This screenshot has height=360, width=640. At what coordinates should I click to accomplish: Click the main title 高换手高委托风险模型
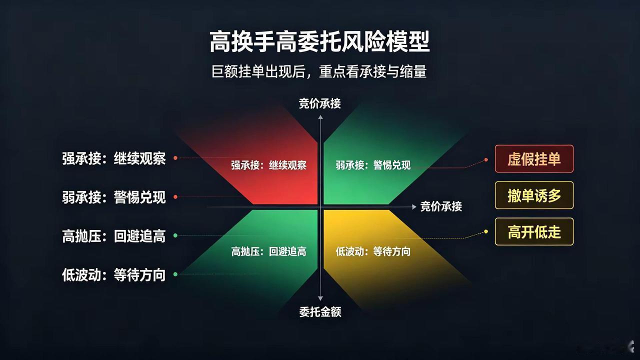[x=319, y=41]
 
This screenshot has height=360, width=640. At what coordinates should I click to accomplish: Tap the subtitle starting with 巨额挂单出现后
[x=319, y=71]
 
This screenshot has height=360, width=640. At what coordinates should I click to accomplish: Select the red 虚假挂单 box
[x=534, y=159]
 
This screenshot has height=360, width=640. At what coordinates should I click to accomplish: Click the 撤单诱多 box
[x=534, y=195]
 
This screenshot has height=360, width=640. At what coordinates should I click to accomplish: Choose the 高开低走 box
[x=534, y=231]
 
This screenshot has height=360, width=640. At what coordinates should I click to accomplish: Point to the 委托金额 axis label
[x=320, y=312]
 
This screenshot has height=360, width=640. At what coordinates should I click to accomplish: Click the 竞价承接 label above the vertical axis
[x=319, y=103]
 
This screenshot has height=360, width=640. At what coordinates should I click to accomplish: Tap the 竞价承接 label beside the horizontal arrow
[x=441, y=206]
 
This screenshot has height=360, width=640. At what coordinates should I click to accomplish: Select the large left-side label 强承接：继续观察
[x=113, y=158]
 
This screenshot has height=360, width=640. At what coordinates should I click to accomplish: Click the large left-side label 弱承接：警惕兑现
[x=113, y=197]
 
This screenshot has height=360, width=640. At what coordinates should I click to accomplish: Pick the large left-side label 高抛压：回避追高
[x=113, y=236]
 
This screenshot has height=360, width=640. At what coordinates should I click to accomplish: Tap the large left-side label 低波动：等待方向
[x=113, y=275]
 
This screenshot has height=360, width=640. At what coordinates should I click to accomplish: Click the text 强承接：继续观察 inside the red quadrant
[x=268, y=165]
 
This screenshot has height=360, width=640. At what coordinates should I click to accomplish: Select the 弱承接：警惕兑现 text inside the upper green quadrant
[x=373, y=165]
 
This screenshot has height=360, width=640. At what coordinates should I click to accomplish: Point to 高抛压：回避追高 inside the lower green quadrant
[x=268, y=251]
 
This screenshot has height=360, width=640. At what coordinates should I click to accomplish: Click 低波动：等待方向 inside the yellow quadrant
[x=373, y=251]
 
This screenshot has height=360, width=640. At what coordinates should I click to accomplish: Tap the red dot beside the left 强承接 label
[x=175, y=158]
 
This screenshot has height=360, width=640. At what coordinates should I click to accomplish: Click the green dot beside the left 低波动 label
[x=175, y=274]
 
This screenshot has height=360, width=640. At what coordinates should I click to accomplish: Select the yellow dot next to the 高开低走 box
[x=486, y=231]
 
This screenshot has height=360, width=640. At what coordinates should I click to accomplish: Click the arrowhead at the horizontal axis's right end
[x=414, y=207]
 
